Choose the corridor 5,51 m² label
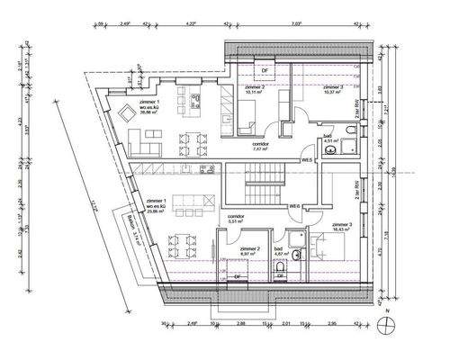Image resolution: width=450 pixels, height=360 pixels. coord(237,219)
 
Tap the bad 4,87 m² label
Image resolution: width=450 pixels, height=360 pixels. coord(279,252)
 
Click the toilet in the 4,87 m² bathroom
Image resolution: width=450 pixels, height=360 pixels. coord(281,267)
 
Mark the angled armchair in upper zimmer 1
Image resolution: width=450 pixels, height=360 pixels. coord(123,112)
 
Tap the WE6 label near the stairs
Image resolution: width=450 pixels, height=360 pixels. coord(294,207)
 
